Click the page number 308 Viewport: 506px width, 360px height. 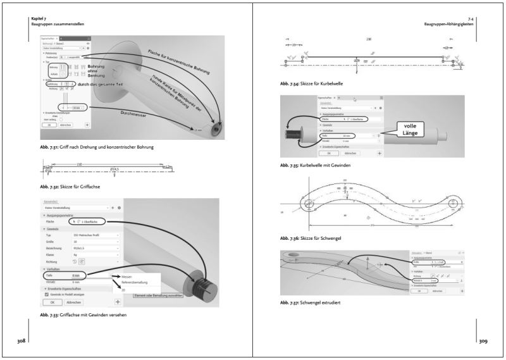(x=21, y=341)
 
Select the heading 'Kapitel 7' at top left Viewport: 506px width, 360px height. (x=39, y=19)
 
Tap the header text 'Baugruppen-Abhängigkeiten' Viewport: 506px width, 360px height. (x=450, y=24)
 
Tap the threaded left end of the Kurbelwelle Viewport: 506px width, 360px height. (x=294, y=135)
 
